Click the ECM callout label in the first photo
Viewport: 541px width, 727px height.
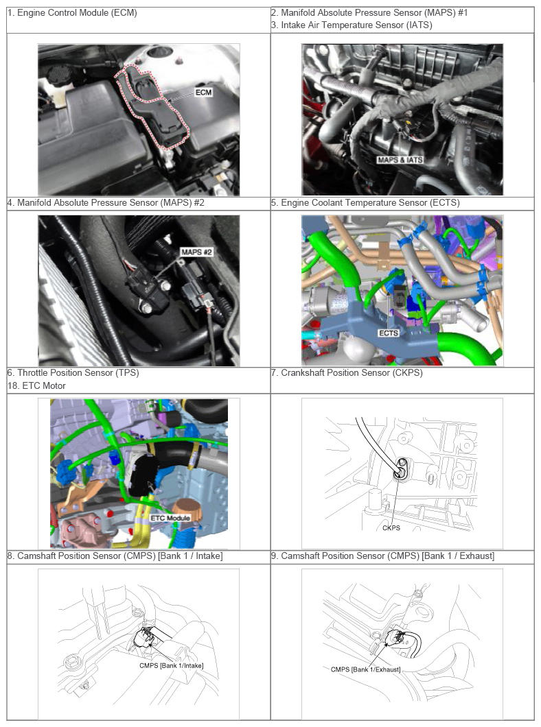coord(203,93)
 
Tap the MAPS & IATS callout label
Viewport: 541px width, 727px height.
coord(400,160)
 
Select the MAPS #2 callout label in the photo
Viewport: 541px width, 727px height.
coord(197,252)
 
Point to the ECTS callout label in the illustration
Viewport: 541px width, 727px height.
coord(389,333)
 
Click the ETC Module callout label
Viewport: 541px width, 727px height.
coord(170,518)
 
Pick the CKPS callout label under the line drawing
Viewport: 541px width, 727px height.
coord(391,527)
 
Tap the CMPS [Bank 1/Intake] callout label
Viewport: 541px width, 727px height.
coord(171,665)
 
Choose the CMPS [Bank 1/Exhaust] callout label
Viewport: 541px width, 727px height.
coord(366,669)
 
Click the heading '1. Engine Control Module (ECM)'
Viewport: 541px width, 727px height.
coord(72,13)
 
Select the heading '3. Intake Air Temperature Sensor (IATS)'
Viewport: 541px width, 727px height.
coord(352,25)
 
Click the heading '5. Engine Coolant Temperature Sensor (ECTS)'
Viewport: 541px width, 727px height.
coord(365,202)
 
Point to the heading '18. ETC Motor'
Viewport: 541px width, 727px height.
coord(36,385)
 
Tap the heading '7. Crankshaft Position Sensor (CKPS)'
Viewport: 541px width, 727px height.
coord(347,373)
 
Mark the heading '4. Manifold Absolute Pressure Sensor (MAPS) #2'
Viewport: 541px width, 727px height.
coord(106,202)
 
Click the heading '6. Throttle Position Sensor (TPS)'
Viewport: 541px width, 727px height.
coord(73,373)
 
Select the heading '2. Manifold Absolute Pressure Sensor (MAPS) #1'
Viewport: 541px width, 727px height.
coord(369,13)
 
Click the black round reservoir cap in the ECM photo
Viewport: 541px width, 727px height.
coord(58,73)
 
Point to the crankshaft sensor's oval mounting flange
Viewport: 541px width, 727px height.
coord(400,467)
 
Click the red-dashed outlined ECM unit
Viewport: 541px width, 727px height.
coord(153,106)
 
